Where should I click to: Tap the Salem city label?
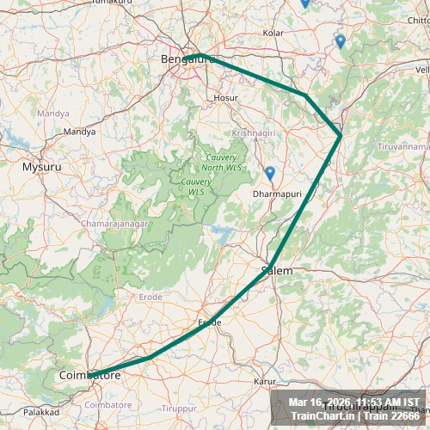pos(277,271)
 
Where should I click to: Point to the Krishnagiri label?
pos(251,134)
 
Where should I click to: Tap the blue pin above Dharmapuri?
pos(269,173)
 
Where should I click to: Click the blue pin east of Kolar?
pos(340,40)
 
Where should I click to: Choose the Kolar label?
pos(273,33)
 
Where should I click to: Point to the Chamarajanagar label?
pos(114,224)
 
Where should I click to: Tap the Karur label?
pos(264,380)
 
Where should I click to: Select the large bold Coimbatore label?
pos(89,376)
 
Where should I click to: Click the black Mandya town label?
pos(80,132)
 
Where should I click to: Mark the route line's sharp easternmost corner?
pos(341,135)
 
